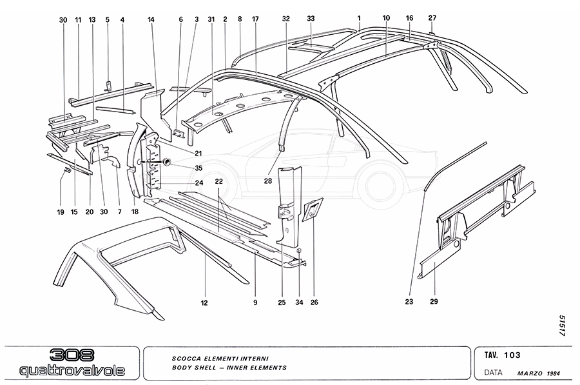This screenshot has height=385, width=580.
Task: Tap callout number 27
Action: click(432, 18)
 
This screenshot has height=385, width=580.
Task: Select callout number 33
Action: click(311, 20)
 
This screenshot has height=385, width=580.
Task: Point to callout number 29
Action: click(434, 301)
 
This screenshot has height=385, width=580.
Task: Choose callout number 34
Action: click(299, 301)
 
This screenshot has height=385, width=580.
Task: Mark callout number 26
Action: click(314, 301)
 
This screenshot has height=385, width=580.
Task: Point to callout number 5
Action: click(108, 20)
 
